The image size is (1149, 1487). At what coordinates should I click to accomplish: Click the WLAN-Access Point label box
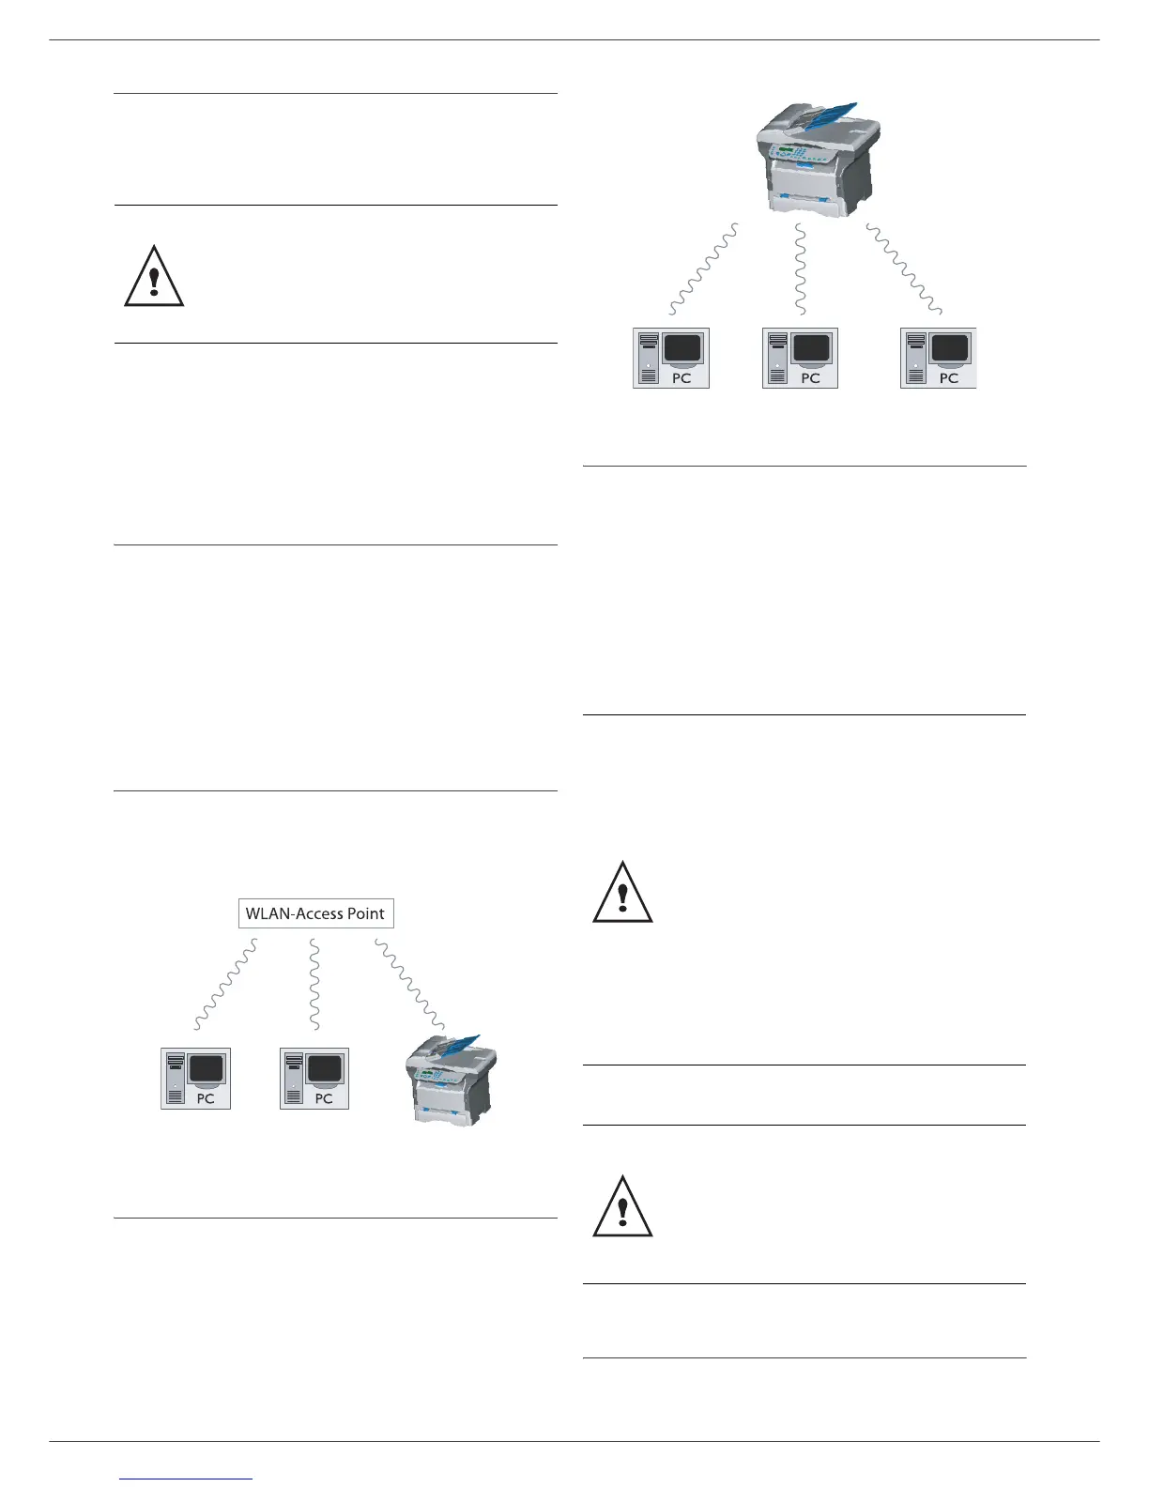click(x=315, y=913)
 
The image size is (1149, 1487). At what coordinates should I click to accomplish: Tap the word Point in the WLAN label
click(x=366, y=913)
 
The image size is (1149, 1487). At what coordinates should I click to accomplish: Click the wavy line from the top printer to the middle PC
click(x=800, y=268)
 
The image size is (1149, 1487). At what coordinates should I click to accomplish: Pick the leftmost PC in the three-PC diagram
click(x=670, y=358)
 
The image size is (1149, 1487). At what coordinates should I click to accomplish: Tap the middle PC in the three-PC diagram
click(x=800, y=358)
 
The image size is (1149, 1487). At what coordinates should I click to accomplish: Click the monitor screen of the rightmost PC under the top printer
click(x=949, y=349)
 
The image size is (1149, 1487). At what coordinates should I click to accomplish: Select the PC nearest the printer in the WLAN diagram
click(x=314, y=1079)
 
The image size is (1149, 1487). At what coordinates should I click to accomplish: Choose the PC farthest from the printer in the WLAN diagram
click(x=195, y=1079)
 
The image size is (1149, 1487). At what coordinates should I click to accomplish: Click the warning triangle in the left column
click(x=154, y=277)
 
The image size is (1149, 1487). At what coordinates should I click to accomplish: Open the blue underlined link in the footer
click(x=187, y=1479)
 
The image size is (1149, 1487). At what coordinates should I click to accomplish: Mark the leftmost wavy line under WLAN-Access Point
click(x=225, y=986)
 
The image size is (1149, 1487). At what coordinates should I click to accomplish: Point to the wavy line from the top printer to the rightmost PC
click(x=903, y=268)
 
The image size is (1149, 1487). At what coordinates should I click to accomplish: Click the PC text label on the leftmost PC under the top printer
click(x=682, y=377)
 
